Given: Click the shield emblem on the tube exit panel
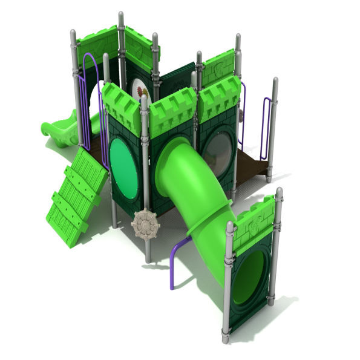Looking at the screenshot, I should (x=255, y=223).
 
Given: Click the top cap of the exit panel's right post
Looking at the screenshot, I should (x=279, y=192).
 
